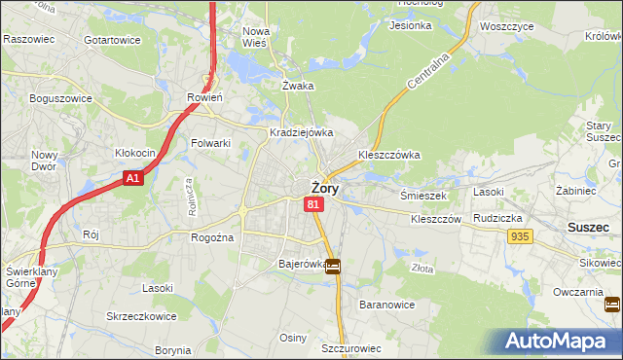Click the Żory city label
click(324, 189)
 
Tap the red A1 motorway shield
click(134, 179)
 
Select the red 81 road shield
click(313, 204)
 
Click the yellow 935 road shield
click(519, 236)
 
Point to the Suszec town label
click(589, 227)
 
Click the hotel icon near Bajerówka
click(333, 266)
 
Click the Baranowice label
click(387, 305)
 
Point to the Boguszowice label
click(60, 98)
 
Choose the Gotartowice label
click(112, 40)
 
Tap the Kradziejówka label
click(302, 132)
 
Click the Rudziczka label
click(499, 218)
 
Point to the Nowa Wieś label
click(256, 36)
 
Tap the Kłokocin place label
click(136, 154)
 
